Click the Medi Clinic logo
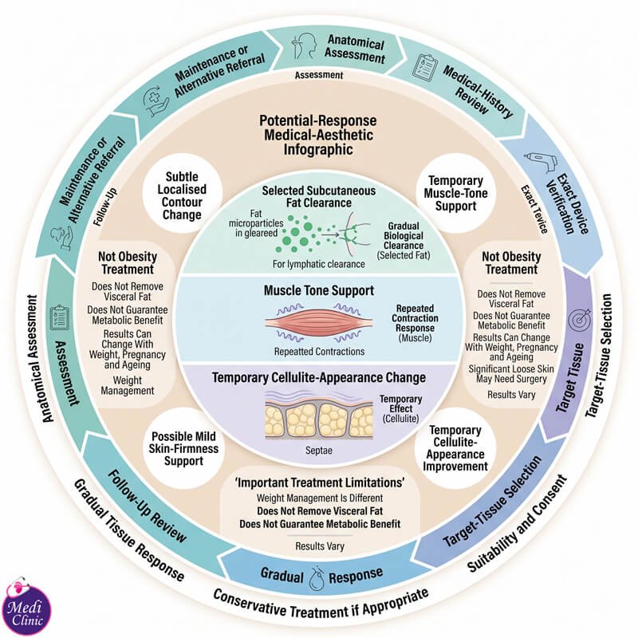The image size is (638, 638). pos(26,605)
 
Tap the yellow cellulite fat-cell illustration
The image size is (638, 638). pos(319,420)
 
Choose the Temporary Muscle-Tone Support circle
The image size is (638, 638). pos(455,193)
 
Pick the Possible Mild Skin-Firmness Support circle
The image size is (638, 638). pos(183,448)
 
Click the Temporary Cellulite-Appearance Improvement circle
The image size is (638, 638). pos(455,448)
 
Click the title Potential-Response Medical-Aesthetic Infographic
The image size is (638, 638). pos(318,135)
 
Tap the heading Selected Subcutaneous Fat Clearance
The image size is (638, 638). pos(319,197)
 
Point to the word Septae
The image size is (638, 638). pos(319,451)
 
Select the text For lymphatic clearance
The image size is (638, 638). pos(318,264)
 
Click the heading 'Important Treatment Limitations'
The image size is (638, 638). pos(320,482)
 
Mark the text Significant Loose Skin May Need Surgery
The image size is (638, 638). pos(511,374)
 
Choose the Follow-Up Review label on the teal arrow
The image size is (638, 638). pos(148,506)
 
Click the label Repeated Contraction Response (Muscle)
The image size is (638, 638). pos(415,323)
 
